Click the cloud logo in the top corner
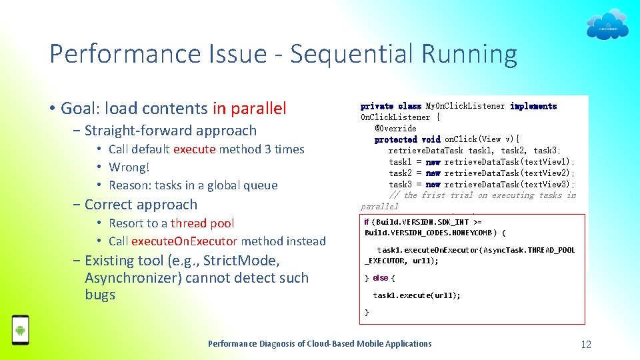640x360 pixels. pyautogui.click(x=607, y=25)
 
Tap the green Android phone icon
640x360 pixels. pyautogui.click(x=21, y=329)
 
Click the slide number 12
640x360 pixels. pyautogui.click(x=586, y=344)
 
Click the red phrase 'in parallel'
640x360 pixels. pyautogui.click(x=249, y=108)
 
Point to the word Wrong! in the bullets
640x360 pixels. pyautogui.click(x=129, y=167)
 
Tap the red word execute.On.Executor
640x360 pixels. pyautogui.click(x=184, y=241)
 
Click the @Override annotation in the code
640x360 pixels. pyautogui.click(x=395, y=128)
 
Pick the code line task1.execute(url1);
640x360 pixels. pyautogui.click(x=417, y=295)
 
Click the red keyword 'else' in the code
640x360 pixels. pyautogui.click(x=380, y=278)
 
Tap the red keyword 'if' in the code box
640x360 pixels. pyautogui.click(x=367, y=222)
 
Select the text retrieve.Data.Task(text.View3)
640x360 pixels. pyautogui.click(x=509, y=184)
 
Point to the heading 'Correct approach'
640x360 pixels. pyautogui.click(x=141, y=205)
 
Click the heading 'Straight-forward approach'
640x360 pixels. pyautogui.click(x=170, y=131)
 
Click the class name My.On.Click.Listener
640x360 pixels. pyautogui.click(x=463, y=106)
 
